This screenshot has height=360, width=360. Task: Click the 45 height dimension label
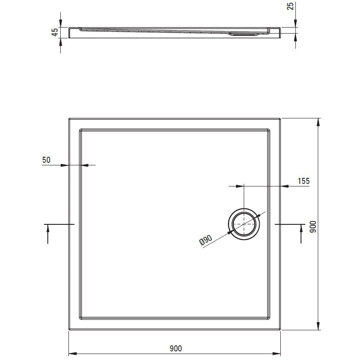55,32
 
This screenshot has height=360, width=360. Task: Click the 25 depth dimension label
290,6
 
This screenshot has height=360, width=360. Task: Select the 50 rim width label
46,160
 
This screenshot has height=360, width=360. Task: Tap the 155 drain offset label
304,181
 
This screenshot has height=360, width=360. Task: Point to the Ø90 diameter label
206,240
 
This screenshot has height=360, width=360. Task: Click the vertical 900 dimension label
313,227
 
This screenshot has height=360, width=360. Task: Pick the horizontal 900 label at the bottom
176,348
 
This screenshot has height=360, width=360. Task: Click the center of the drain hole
244,224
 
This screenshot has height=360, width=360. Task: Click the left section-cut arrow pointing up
48,234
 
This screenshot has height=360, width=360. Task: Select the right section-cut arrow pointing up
301,234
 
